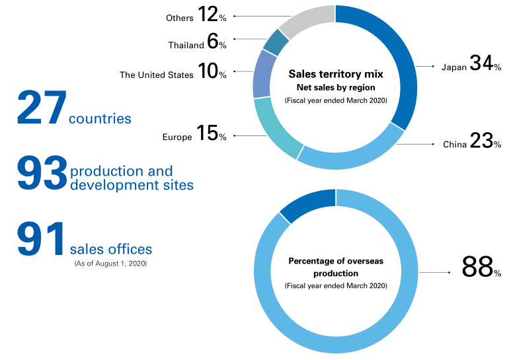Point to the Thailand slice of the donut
point(276,41)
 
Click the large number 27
point(42,108)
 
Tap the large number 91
point(42,239)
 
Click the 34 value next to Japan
point(481,63)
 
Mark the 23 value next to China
point(481,141)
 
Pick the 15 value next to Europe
point(208,133)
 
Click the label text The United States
point(157,75)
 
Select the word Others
point(180,18)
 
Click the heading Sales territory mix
point(336,75)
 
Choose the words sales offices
point(111,249)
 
